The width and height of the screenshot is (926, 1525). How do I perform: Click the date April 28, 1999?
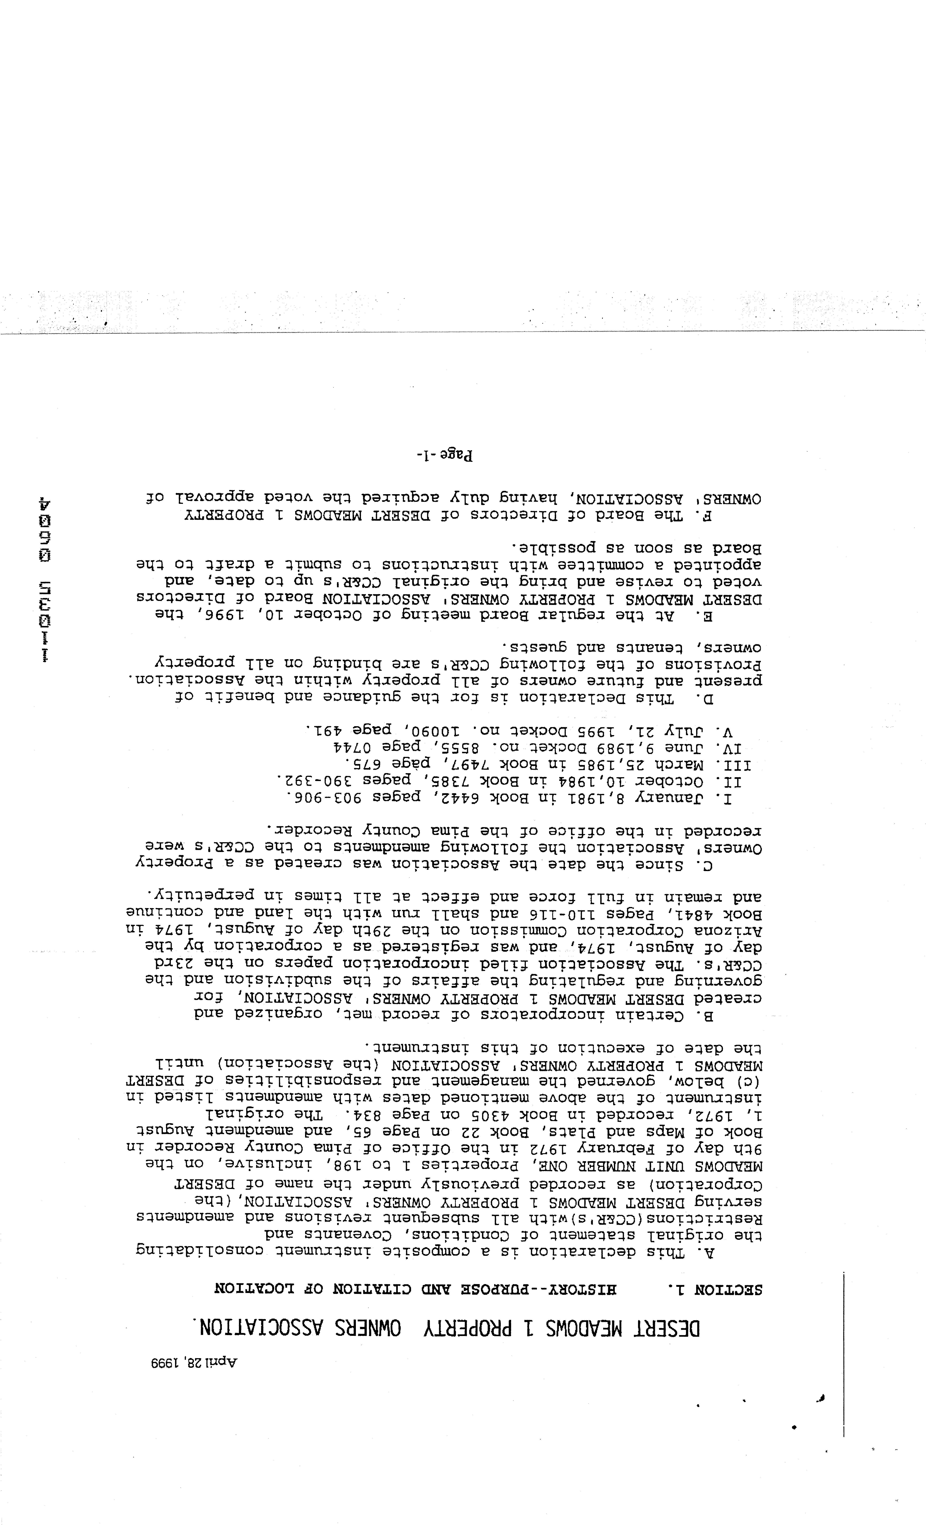click(194, 1363)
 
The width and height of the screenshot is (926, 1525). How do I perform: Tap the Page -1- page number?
click(444, 456)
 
